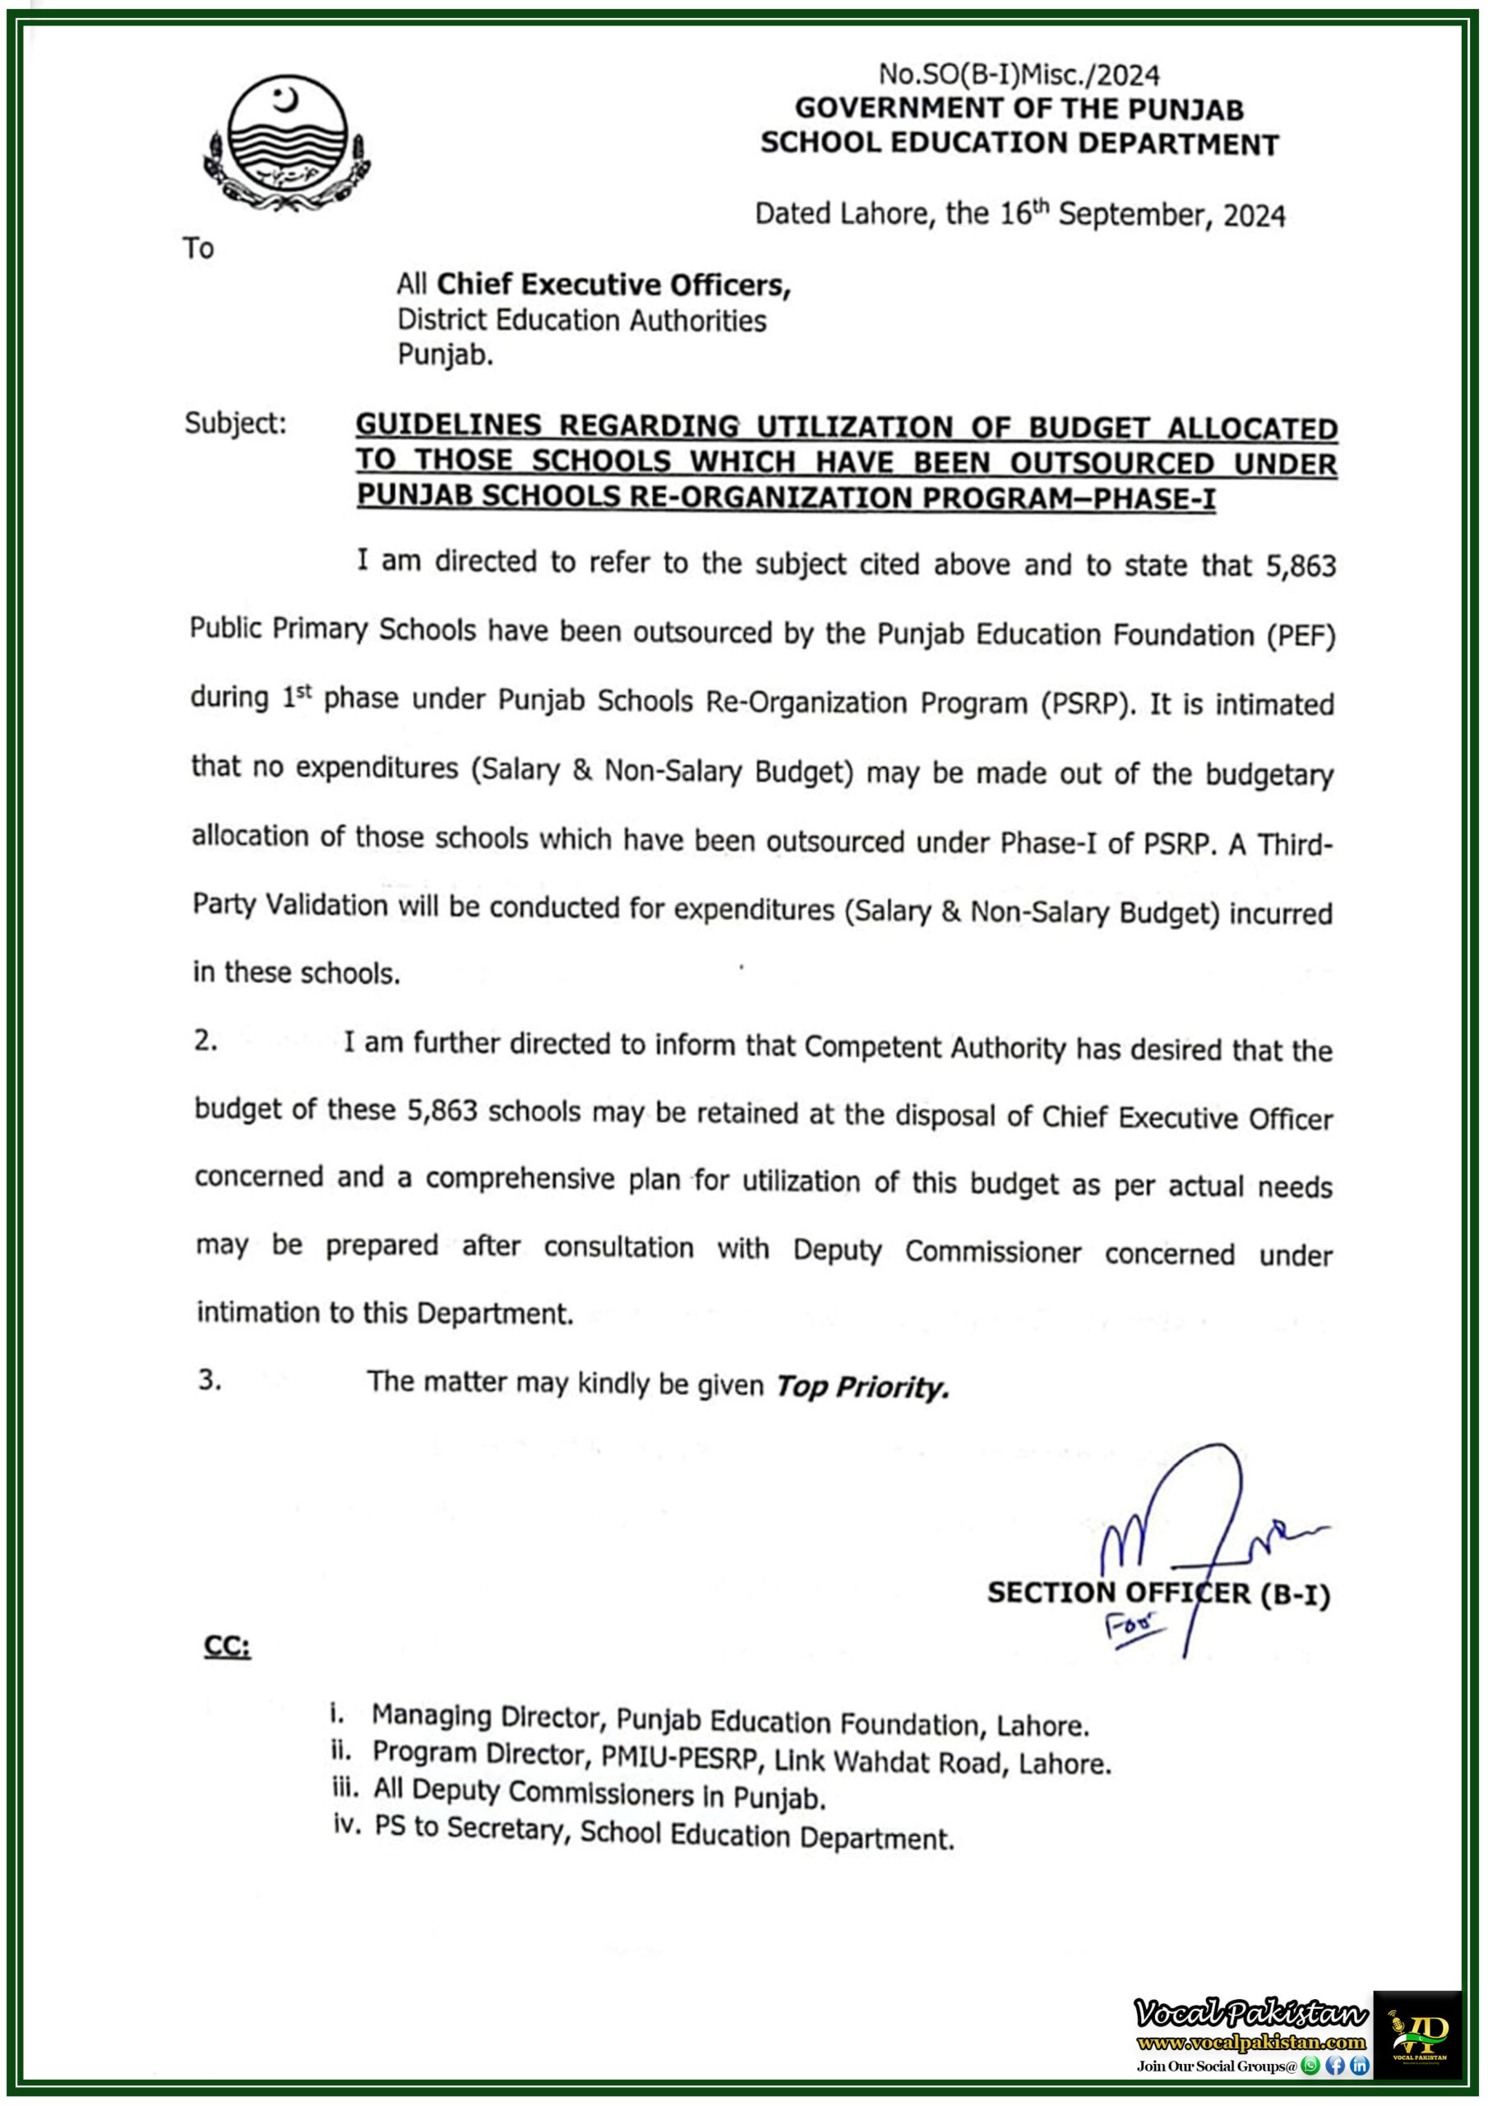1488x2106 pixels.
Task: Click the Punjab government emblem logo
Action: pos(287,143)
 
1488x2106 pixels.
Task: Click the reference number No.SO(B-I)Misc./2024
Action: pos(1019,74)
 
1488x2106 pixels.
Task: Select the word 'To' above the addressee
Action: pos(198,248)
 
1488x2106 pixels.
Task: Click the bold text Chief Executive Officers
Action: pos(612,285)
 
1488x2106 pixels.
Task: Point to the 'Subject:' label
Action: pos(234,423)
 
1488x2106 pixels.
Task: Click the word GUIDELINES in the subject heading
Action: pos(448,425)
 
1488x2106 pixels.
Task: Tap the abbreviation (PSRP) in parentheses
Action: pos(1084,703)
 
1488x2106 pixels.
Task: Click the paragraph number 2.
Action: pos(206,1040)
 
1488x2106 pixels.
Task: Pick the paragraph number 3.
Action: pos(209,1380)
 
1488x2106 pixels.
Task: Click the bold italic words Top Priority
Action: pos(861,1386)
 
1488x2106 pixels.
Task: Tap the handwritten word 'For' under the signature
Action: pos(1133,1627)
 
